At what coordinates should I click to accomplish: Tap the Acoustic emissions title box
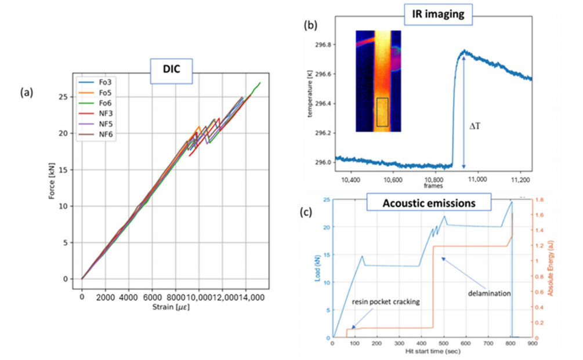click(429, 203)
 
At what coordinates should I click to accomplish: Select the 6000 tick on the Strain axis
click(152, 296)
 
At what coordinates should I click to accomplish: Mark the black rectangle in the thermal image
click(382, 112)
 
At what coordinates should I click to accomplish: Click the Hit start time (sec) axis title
click(429, 352)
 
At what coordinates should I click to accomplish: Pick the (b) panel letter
click(310, 26)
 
